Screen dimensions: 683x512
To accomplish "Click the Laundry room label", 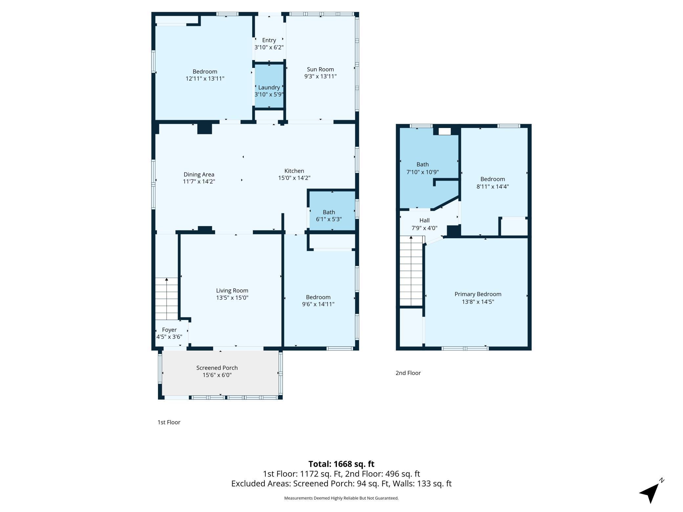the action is coord(269,87).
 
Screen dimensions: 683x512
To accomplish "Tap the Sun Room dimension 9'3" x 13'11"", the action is coord(320,76).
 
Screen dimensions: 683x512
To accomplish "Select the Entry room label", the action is coord(269,40).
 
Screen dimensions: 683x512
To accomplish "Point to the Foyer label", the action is coord(169,330).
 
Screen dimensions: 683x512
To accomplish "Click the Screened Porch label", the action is coord(217,368).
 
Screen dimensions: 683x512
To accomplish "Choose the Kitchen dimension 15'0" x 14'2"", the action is coord(294,178).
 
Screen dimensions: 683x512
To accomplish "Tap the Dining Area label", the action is coord(199,174).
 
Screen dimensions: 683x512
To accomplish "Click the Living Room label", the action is coord(232,290).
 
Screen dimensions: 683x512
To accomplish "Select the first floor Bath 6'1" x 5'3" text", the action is coord(329,216).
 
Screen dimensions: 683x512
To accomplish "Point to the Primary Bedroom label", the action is coord(478,294).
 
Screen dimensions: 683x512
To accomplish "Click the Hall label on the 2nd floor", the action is coord(425,220).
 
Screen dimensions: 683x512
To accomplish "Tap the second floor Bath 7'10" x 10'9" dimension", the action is coord(423,172).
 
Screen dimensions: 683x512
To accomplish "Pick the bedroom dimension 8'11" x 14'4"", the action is coord(493,186).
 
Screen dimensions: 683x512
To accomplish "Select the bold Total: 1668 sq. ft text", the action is coord(341,464).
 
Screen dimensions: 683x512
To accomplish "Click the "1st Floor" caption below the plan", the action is coord(169,422).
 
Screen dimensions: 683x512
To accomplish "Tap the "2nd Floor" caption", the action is coord(408,373).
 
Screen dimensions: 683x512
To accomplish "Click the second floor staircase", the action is coord(411,271).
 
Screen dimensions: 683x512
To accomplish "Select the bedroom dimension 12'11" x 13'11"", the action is coord(205,79).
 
